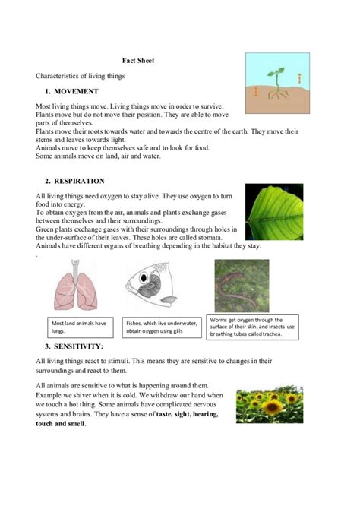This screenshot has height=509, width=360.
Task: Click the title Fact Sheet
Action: point(139,60)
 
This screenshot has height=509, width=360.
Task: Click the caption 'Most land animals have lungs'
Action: point(79,326)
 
